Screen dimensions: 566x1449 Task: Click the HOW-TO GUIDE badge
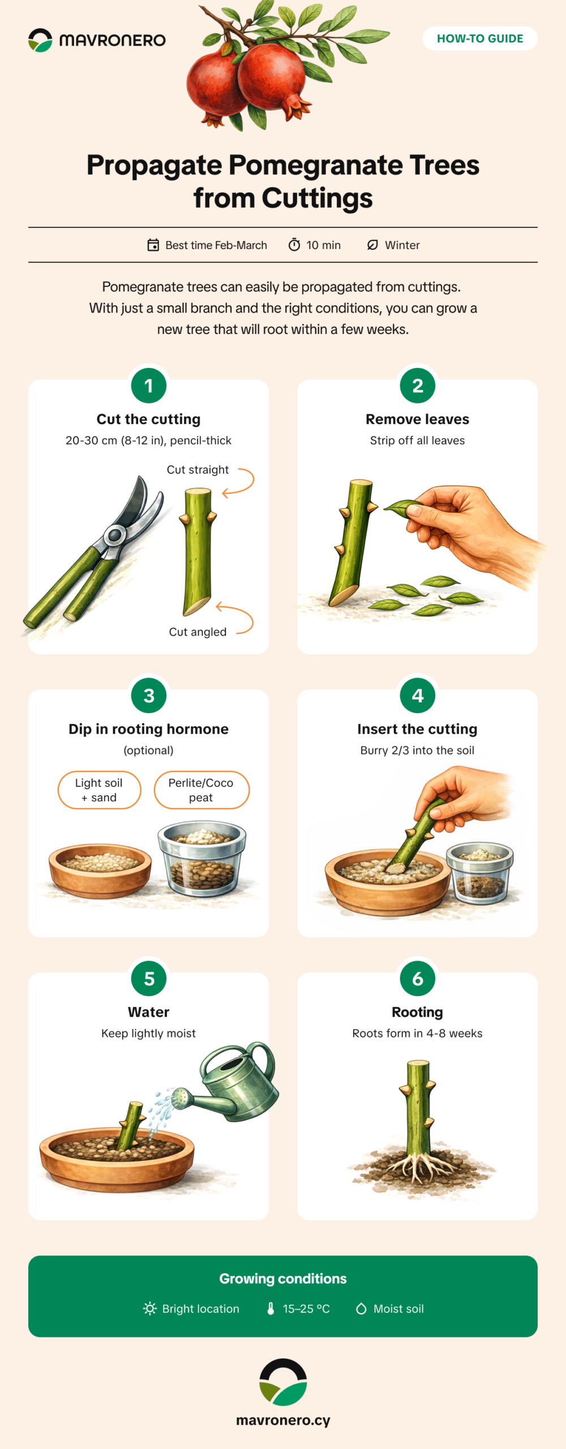(x=480, y=38)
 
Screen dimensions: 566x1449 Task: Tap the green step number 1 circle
(x=149, y=385)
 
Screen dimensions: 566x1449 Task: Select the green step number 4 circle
(x=418, y=696)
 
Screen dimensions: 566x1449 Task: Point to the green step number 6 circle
(x=418, y=979)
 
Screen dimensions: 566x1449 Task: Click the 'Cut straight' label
(x=198, y=470)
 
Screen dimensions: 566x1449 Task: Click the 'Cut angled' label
(x=198, y=632)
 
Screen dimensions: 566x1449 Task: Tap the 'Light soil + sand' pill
(x=99, y=790)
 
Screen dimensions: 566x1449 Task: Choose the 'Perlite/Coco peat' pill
(x=201, y=790)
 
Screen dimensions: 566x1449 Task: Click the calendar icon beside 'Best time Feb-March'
(x=153, y=245)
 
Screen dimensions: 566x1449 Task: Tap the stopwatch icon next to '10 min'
(x=294, y=245)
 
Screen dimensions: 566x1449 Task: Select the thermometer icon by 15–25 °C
(x=271, y=1309)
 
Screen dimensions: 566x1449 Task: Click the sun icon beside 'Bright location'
(x=150, y=1309)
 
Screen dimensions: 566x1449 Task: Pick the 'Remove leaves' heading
(x=418, y=419)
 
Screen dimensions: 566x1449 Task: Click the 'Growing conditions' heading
(x=283, y=1279)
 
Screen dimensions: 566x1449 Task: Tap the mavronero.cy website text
(x=283, y=1420)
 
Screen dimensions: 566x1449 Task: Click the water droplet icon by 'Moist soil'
(x=361, y=1309)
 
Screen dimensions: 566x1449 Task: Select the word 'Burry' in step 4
(x=374, y=751)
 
